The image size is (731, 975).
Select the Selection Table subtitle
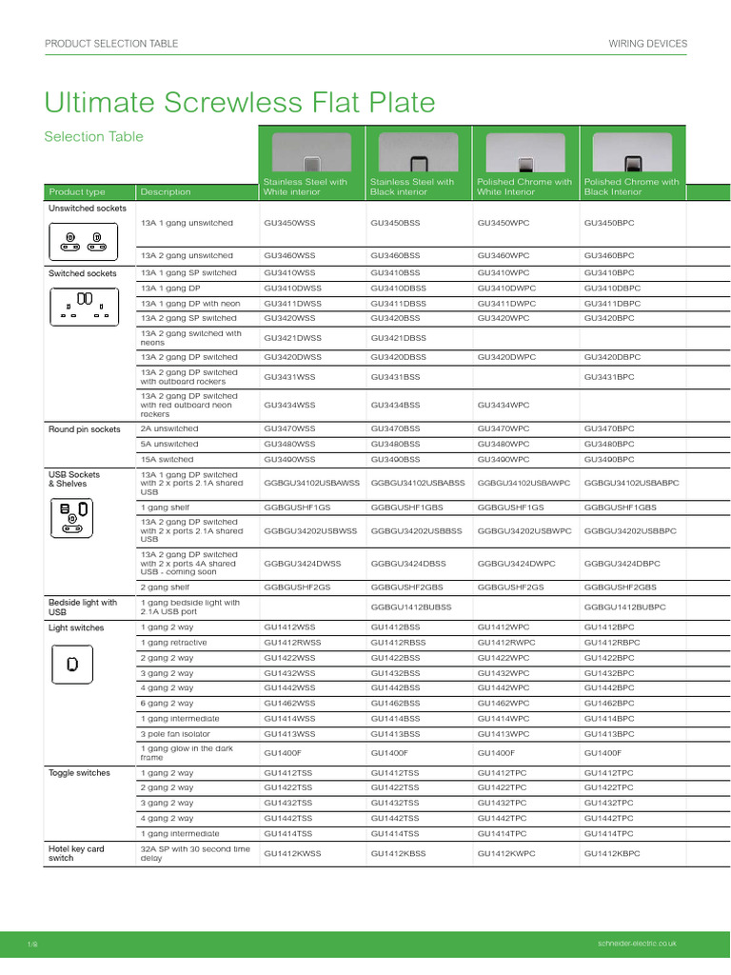pyautogui.click(x=93, y=136)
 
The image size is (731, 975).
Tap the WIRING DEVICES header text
pyautogui.click(x=647, y=44)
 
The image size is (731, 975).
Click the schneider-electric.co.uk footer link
pyautogui.click(x=633, y=943)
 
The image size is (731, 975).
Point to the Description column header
pyautogui.click(x=165, y=191)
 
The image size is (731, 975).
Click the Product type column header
pyautogui.click(x=77, y=191)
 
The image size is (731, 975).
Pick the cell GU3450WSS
pyautogui.click(x=288, y=223)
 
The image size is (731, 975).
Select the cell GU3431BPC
pyautogui.click(x=609, y=376)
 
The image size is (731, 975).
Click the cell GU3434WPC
pyautogui.click(x=504, y=405)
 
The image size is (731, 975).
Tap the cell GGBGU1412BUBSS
pyautogui.click(x=410, y=607)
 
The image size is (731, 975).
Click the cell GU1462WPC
pyautogui.click(x=503, y=703)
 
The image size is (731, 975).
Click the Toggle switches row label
pyautogui.click(x=79, y=773)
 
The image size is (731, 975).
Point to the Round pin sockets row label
pyautogui.click(x=84, y=429)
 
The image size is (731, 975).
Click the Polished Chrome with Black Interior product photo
pyautogui.click(x=631, y=152)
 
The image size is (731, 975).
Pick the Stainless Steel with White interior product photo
pyautogui.click(x=311, y=152)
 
